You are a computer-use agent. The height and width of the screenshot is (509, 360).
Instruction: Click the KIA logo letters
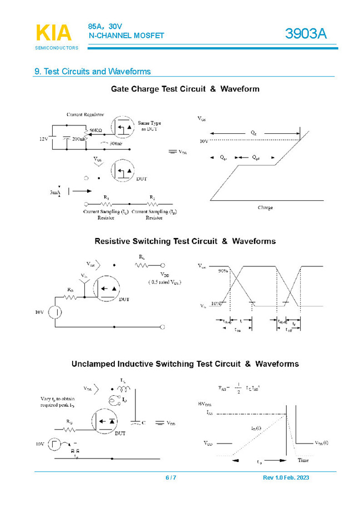pyautogui.click(x=54, y=33)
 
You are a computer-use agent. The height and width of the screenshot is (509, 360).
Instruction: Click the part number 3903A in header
pyautogui.click(x=306, y=34)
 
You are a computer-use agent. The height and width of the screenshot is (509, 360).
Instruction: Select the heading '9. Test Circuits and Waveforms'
pyautogui.click(x=93, y=72)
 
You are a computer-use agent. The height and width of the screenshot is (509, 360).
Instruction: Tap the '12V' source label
pyautogui.click(x=44, y=139)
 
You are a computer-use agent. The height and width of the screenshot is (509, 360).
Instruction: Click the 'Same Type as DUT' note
pyautogui.click(x=150, y=126)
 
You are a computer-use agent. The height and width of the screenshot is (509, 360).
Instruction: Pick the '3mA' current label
pyautogui.click(x=54, y=192)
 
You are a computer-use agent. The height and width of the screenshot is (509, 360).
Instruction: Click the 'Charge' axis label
pyautogui.click(x=265, y=208)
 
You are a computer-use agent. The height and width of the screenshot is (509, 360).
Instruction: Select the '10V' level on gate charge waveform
pyautogui.click(x=204, y=142)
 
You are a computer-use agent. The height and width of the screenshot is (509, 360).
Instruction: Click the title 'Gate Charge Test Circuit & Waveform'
pyautogui.click(x=185, y=89)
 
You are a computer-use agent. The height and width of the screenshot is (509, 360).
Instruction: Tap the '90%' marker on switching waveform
pyautogui.click(x=223, y=271)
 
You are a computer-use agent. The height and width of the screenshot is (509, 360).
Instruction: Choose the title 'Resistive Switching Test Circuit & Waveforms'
pyautogui.click(x=185, y=241)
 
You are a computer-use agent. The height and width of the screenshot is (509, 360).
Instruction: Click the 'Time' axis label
pyautogui.click(x=303, y=461)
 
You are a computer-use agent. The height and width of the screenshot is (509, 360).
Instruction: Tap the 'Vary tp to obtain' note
pyautogui.click(x=58, y=399)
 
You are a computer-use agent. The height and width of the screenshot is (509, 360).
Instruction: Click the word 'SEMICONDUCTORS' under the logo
pyautogui.click(x=57, y=48)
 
